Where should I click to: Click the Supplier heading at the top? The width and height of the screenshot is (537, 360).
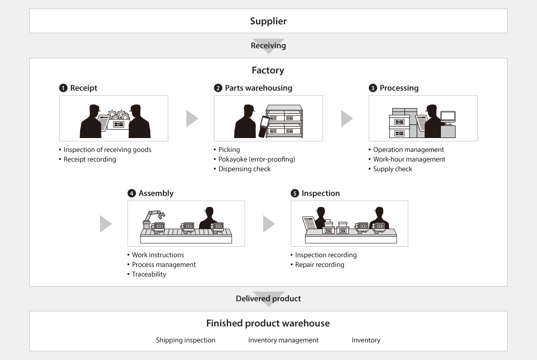268,21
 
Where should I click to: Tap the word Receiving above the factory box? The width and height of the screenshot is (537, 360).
268,46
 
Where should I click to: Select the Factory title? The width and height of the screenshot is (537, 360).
268,70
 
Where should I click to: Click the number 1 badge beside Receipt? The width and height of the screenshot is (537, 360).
63,88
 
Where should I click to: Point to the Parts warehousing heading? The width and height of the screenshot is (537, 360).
258,88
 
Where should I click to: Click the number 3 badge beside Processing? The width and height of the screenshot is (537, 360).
373,88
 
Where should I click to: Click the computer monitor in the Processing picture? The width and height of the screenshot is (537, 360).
448,117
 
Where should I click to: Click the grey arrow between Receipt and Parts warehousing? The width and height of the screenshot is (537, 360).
191,119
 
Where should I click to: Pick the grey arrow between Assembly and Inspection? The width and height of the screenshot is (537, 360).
268,224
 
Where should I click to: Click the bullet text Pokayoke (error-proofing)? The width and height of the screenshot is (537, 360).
256,159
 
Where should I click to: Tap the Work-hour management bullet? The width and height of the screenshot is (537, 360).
409,159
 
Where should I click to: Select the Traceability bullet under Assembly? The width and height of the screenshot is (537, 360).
149,274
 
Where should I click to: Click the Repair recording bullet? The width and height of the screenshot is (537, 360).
319,265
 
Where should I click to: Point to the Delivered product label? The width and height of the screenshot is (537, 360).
268,299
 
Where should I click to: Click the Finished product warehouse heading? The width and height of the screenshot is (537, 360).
268,323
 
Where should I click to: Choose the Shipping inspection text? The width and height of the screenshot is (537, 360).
185,340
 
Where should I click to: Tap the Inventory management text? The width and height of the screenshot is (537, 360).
283,340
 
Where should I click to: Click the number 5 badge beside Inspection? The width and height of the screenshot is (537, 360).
295,193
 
